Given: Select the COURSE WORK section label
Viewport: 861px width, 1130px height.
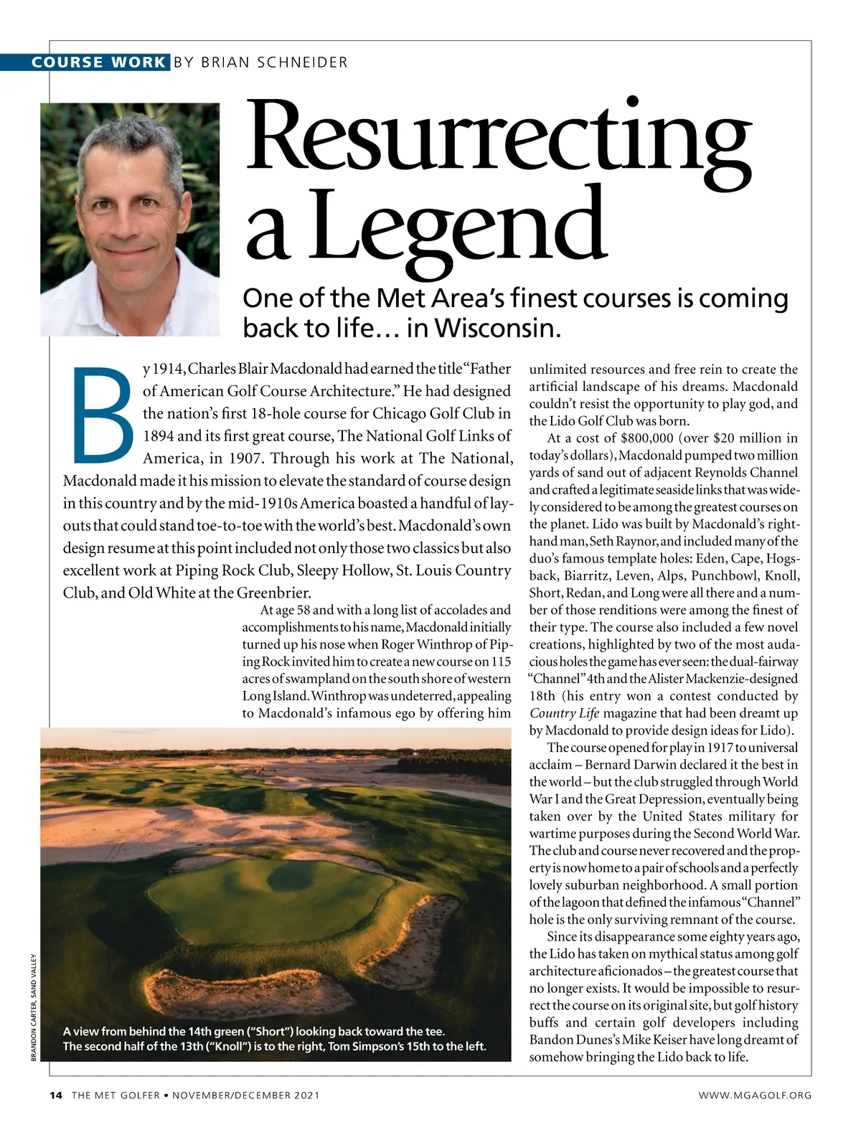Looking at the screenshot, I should [98, 62].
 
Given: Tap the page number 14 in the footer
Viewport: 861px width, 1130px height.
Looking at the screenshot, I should [56, 1095].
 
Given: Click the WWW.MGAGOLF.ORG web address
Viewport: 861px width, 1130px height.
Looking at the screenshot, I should [755, 1095].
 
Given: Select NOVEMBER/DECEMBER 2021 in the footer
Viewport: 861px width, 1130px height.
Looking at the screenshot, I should [245, 1095].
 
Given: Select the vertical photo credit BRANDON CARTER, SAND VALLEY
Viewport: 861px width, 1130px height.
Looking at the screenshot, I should [34, 1007].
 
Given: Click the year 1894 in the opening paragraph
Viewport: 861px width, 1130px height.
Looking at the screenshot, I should [158, 436].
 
